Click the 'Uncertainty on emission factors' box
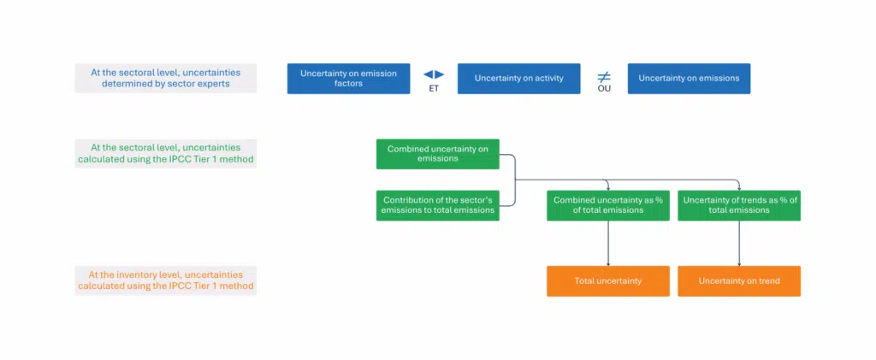pyautogui.click(x=349, y=79)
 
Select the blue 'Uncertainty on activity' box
pyautogui.click(x=519, y=79)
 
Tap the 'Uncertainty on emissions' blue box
pyautogui.click(x=689, y=79)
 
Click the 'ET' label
pyautogui.click(x=434, y=88)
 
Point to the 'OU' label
pyautogui.click(x=604, y=88)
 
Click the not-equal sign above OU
pyautogui.click(x=604, y=76)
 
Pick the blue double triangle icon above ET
pyautogui.click(x=434, y=74)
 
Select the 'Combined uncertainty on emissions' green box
pyautogui.click(x=437, y=154)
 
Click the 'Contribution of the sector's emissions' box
pyautogui.click(x=437, y=205)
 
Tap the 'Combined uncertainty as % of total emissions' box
pyautogui.click(x=608, y=205)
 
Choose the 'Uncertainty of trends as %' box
pyautogui.click(x=739, y=205)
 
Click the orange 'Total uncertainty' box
pyautogui.click(x=608, y=281)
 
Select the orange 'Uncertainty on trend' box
pyautogui.click(x=739, y=281)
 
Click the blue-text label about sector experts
pyautogui.click(x=166, y=78)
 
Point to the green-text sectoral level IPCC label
pyautogui.click(x=166, y=153)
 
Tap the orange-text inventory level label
pyautogui.click(x=166, y=280)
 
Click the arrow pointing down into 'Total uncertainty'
pyautogui.click(x=608, y=244)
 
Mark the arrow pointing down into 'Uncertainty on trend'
pyautogui.click(x=739, y=244)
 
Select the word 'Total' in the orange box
pyautogui.click(x=584, y=281)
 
